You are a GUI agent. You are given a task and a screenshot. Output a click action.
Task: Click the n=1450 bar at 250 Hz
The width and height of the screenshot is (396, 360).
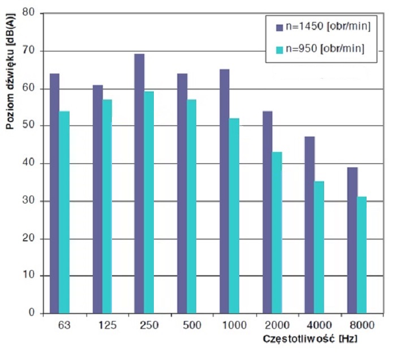click(139, 184)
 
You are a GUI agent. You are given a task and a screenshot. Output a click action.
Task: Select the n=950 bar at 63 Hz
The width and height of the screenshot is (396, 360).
click(64, 212)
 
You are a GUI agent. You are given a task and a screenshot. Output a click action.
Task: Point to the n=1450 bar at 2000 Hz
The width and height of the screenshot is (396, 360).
click(267, 212)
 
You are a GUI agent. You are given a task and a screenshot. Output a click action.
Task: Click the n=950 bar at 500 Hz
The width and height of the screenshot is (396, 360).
click(192, 206)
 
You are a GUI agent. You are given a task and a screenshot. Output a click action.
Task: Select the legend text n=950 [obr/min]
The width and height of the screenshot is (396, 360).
click(325, 49)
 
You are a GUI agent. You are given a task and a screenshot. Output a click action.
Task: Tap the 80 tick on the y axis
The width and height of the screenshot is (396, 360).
click(29, 13)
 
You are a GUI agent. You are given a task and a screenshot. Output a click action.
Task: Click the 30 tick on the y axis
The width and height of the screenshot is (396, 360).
click(29, 201)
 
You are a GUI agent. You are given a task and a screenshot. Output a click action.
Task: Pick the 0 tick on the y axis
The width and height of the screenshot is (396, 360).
click(32, 313)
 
